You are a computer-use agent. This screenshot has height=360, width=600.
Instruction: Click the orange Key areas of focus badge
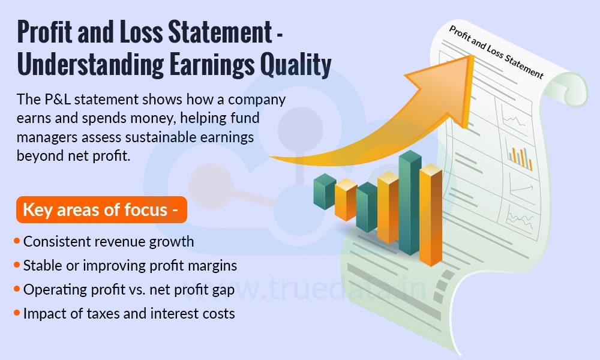coord(101,210)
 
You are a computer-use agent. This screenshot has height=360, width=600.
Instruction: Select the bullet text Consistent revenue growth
coord(109,242)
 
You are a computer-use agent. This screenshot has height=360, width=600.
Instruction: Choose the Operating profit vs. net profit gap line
coord(128,289)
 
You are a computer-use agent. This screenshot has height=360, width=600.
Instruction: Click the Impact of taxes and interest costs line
coord(129,313)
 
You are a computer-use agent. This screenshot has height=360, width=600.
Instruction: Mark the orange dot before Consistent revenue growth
coord(17,242)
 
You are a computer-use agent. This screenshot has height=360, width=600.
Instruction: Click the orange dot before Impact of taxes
coord(17,313)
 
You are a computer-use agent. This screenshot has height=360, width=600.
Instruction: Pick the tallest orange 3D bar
coord(431,216)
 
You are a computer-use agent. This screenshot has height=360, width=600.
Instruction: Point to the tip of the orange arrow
coord(474,58)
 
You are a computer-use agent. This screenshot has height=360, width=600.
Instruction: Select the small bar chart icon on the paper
coord(520,157)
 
